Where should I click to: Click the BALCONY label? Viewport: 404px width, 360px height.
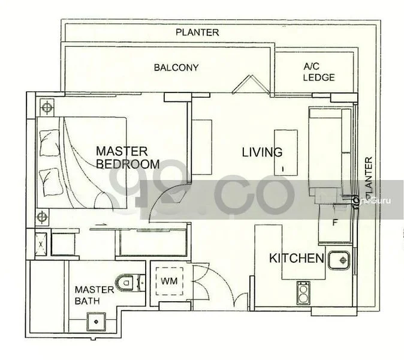point(176,67)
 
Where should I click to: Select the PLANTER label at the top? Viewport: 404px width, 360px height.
point(197,32)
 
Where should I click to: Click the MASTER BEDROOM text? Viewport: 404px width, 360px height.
point(127,157)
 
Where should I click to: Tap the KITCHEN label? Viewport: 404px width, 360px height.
point(296,259)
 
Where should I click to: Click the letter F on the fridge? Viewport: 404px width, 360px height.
point(336,221)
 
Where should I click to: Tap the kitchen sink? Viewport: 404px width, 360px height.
point(341,260)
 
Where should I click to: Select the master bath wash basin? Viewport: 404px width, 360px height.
point(95,321)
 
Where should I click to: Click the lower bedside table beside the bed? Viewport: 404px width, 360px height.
point(42,217)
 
